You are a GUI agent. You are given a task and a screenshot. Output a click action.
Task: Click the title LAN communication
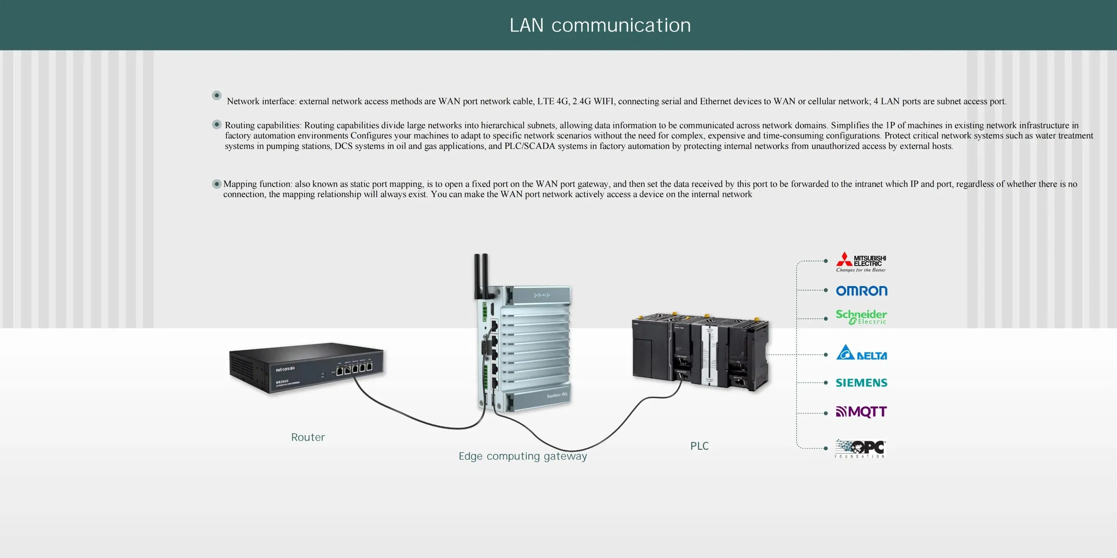pos(600,25)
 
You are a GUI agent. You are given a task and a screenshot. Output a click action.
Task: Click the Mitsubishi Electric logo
pos(861,262)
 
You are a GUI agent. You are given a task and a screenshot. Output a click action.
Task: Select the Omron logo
pos(861,291)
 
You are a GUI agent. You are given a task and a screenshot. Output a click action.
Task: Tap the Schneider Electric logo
pos(861,317)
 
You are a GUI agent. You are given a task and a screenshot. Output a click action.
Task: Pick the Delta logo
pos(861,353)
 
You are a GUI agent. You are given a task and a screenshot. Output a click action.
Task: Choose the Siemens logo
pos(861,383)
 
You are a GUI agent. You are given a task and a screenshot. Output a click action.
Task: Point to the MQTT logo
pos(861,411)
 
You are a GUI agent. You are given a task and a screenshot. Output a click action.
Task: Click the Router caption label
pos(308,437)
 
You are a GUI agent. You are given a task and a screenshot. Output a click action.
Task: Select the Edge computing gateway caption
pos(522,456)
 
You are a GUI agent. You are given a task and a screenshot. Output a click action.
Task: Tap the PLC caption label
pos(699,446)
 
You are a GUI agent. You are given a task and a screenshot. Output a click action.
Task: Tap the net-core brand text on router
pos(285,369)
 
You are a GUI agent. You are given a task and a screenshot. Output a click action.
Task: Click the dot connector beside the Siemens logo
pos(826,383)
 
